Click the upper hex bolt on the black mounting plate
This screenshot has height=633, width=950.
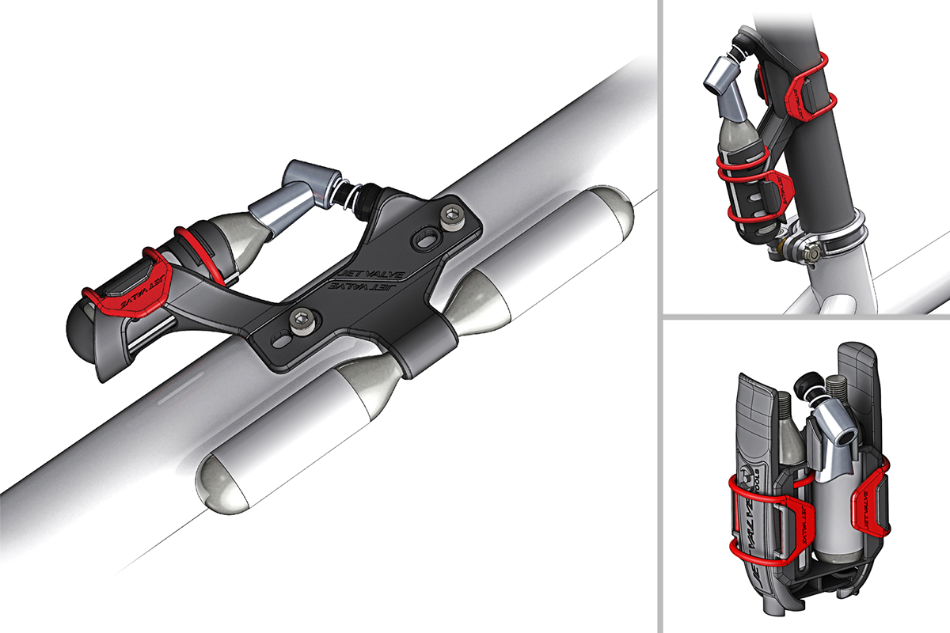[x=453, y=214]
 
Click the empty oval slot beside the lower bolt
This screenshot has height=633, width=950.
[x=280, y=341]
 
